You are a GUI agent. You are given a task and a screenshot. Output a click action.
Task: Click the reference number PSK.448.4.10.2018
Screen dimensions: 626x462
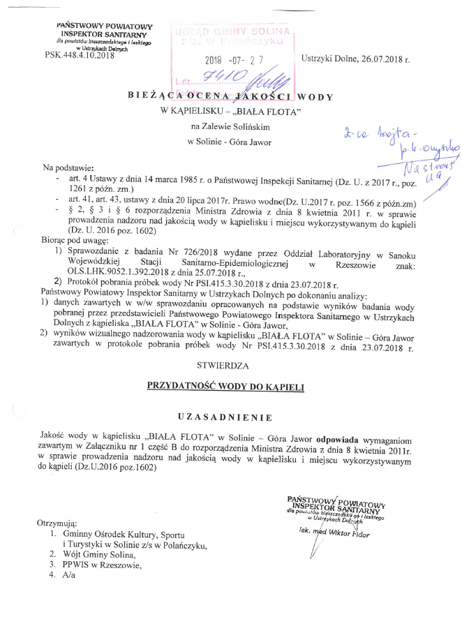coord(79,54)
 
